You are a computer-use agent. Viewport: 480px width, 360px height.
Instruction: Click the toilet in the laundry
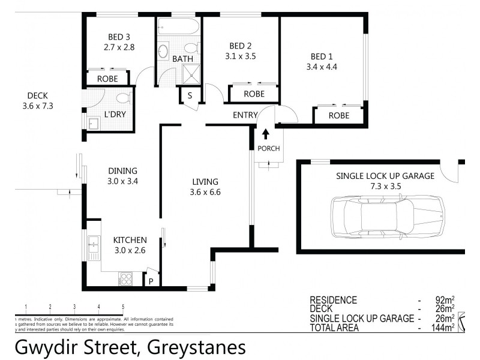[x=122, y=98]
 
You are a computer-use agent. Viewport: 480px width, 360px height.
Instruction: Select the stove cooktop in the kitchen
[x=127, y=278]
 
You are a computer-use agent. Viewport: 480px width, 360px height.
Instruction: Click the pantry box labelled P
[x=152, y=281]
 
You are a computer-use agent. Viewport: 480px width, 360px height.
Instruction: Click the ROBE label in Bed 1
[x=339, y=115]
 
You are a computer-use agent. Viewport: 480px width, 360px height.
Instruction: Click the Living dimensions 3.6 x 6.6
[x=205, y=193]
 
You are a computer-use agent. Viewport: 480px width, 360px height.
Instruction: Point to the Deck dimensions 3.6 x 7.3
[x=37, y=106]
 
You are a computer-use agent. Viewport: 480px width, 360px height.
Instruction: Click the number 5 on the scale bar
[x=123, y=307]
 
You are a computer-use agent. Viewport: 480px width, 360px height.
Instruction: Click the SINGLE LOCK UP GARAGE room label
[x=385, y=176]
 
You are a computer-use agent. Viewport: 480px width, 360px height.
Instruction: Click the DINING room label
[x=122, y=170]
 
